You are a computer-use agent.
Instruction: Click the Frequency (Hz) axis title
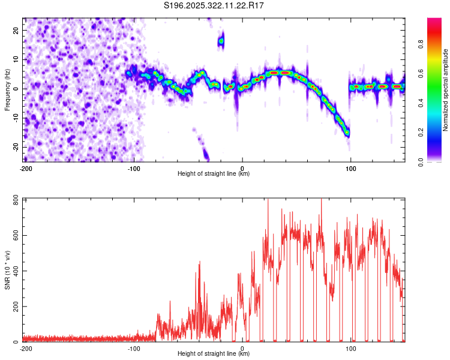point(7,89)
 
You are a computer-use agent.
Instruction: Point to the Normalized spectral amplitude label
point(445,90)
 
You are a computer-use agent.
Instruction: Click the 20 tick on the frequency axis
point(16,30)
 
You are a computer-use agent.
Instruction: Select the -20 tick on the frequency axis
point(15,147)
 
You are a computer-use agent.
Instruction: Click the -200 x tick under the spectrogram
point(26,169)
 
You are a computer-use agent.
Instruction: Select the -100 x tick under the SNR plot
point(134,348)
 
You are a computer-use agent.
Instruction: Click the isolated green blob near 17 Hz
point(221,41)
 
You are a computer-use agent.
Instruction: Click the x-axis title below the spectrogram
point(214,174)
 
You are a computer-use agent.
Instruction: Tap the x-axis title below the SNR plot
point(214,354)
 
